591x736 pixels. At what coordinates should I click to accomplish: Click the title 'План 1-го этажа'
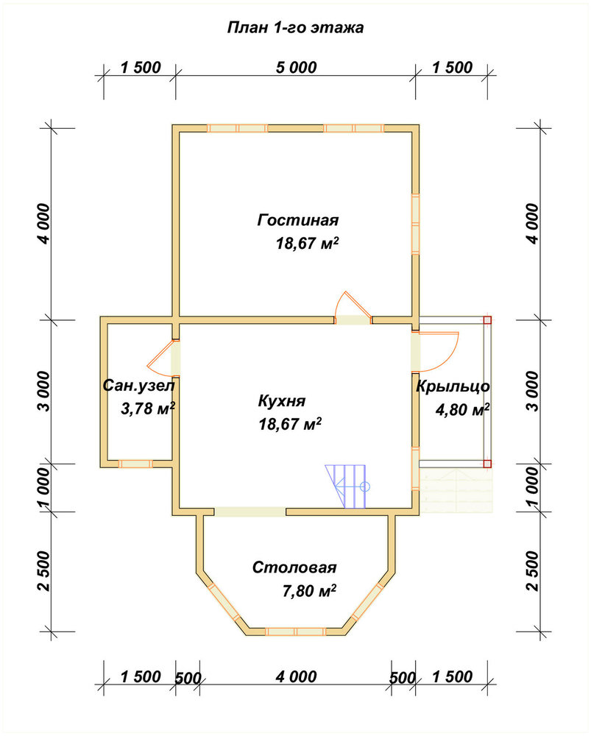coord(295,28)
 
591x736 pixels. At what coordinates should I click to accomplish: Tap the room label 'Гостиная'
coord(298,219)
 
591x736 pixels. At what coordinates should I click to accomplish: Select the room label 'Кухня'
coord(282,401)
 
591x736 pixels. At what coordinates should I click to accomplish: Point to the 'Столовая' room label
coord(294,567)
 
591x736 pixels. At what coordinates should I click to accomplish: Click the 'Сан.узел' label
coord(138,386)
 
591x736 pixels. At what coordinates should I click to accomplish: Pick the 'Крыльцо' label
coord(453,386)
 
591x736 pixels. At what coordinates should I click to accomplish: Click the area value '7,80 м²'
coord(309,590)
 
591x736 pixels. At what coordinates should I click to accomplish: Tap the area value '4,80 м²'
coord(463,410)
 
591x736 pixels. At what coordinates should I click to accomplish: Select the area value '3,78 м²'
coord(148,408)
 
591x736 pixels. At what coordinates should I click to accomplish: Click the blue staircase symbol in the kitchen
coord(347,486)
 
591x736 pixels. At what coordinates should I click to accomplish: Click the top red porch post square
coord(487,320)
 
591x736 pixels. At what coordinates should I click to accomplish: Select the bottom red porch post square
coord(487,464)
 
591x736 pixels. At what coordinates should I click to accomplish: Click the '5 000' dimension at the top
coord(296,68)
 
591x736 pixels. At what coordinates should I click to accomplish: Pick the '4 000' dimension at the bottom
coord(296,677)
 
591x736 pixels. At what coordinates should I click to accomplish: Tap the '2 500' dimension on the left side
coord(43,572)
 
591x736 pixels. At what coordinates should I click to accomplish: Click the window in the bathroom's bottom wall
coord(135,464)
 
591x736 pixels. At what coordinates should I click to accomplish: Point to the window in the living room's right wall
coord(415,224)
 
